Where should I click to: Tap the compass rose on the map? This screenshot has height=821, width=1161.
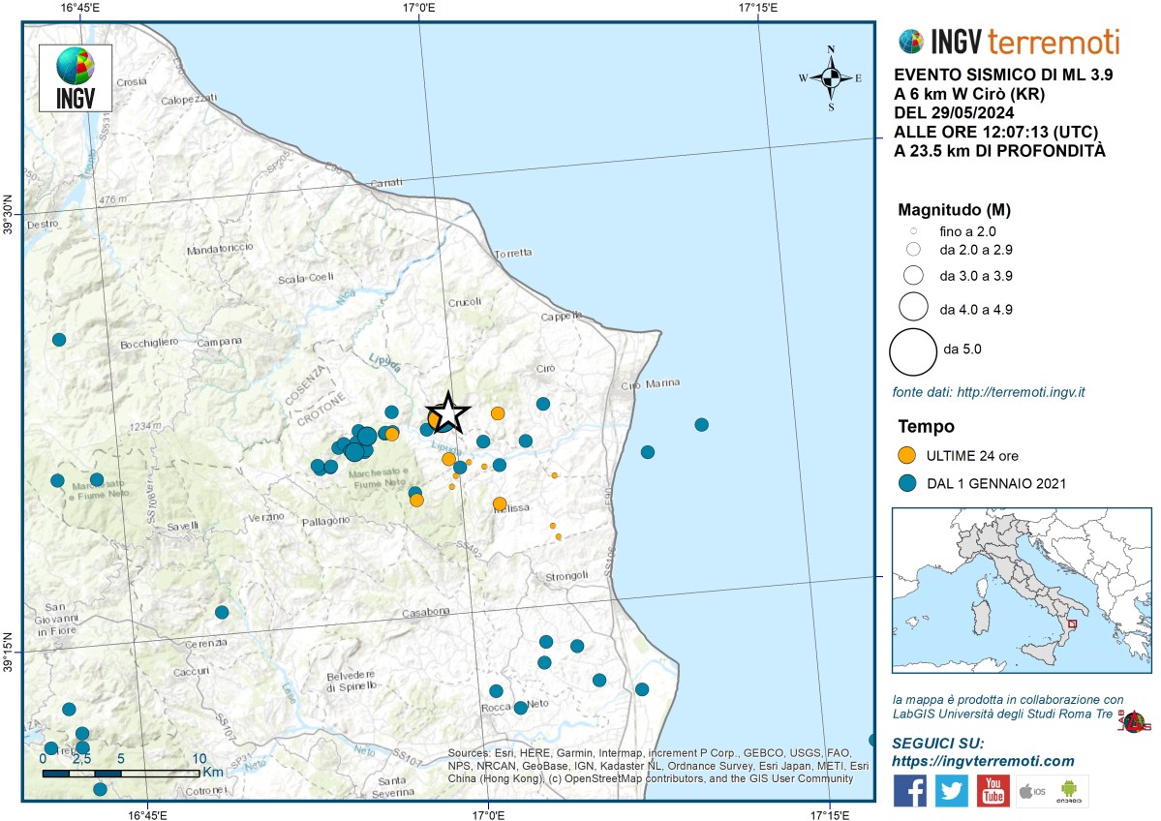(x=830, y=77)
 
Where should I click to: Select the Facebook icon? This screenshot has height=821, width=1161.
(x=909, y=790)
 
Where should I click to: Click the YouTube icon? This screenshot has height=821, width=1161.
(x=993, y=790)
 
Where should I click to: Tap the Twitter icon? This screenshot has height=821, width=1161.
(x=951, y=790)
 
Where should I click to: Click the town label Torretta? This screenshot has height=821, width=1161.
(x=513, y=254)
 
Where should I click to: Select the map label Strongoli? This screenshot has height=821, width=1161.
(x=566, y=576)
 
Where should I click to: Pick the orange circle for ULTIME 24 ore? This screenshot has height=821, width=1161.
(x=907, y=455)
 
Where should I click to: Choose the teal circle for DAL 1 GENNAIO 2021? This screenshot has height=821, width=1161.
(x=907, y=483)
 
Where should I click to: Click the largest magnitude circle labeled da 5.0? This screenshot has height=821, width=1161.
(x=912, y=350)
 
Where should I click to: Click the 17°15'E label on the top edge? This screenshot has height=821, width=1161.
(x=758, y=9)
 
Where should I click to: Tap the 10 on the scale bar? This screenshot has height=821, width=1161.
(x=199, y=759)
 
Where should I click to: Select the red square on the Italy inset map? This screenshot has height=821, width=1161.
(x=1071, y=625)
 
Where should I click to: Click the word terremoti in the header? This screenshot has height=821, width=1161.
(x=1054, y=42)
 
